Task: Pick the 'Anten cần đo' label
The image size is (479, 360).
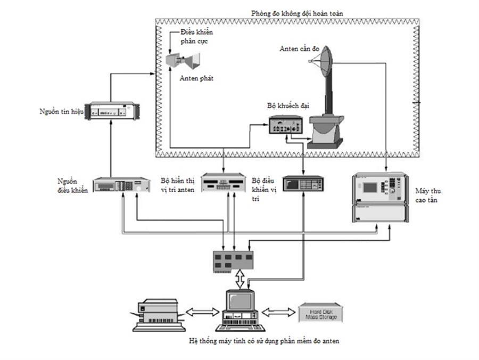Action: (299, 49)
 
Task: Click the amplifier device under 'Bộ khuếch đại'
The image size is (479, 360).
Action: (285, 126)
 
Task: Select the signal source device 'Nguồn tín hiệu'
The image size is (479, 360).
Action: (114, 111)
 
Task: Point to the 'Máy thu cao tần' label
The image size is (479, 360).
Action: (426, 195)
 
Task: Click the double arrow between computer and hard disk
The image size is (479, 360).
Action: (276, 312)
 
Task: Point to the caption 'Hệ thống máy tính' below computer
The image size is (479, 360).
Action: (263, 341)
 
